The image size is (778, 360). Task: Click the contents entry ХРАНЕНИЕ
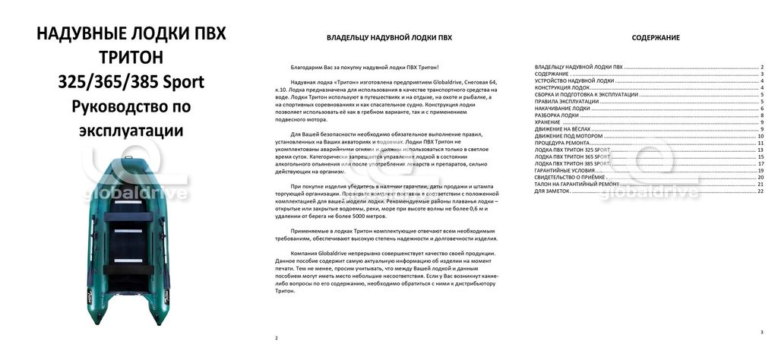tap(549, 122)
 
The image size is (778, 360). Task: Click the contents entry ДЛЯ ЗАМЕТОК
tap(552, 191)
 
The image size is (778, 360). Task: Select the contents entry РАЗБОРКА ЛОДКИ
tap(557, 115)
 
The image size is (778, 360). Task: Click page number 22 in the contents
tap(760, 191)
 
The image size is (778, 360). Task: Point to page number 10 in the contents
tap(760, 136)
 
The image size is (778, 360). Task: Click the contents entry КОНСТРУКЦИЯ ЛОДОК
tap(562, 87)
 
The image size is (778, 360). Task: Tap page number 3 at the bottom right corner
tap(761, 332)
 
